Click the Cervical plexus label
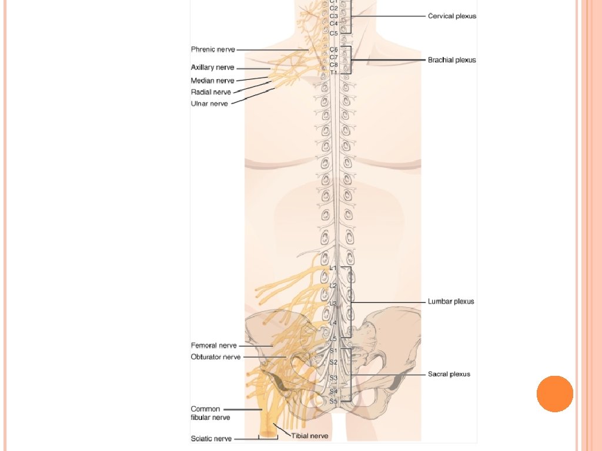click(451, 16)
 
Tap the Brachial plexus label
click(451, 60)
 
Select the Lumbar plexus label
click(451, 301)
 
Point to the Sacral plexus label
click(449, 374)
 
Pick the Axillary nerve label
click(212, 68)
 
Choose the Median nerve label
click(212, 80)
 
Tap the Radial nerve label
click(210, 92)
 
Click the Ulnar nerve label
click(209, 103)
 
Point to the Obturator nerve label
click(216, 356)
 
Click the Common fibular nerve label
click(210, 413)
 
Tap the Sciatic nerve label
click(211, 438)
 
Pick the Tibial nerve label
click(310, 436)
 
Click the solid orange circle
click(554, 393)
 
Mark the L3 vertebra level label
click(333, 304)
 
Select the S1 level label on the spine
click(333, 351)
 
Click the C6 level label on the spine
click(333, 50)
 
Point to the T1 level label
click(333, 72)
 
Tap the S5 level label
click(333, 401)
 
